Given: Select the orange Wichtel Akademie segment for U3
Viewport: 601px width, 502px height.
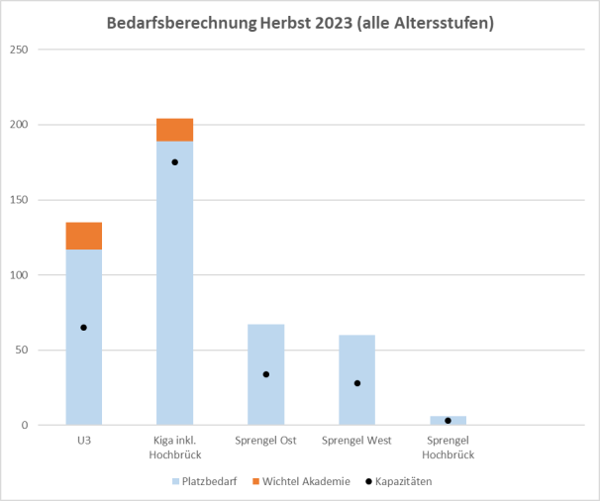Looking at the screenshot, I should [84, 236].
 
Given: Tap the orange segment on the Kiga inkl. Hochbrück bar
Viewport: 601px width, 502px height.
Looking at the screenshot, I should [175, 130].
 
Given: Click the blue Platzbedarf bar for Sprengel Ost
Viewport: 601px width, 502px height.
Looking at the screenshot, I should [265, 396].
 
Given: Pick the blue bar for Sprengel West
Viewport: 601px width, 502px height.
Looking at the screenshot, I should [356, 396].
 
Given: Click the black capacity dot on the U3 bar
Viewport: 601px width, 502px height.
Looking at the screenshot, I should [84, 327].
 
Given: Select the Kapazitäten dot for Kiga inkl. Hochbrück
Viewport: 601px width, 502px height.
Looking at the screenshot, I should [175, 161].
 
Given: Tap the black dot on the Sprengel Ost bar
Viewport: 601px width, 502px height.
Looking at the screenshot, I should [265, 374].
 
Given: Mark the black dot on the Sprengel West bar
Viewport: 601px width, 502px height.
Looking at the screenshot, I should [356, 383].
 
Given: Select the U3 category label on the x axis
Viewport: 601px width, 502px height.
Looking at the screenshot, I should [84, 441].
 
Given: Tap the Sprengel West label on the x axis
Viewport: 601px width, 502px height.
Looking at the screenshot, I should [356, 441].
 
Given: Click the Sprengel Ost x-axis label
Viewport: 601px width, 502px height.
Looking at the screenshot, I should [265, 441].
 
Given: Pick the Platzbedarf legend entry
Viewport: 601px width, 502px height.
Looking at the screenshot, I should [209, 482].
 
